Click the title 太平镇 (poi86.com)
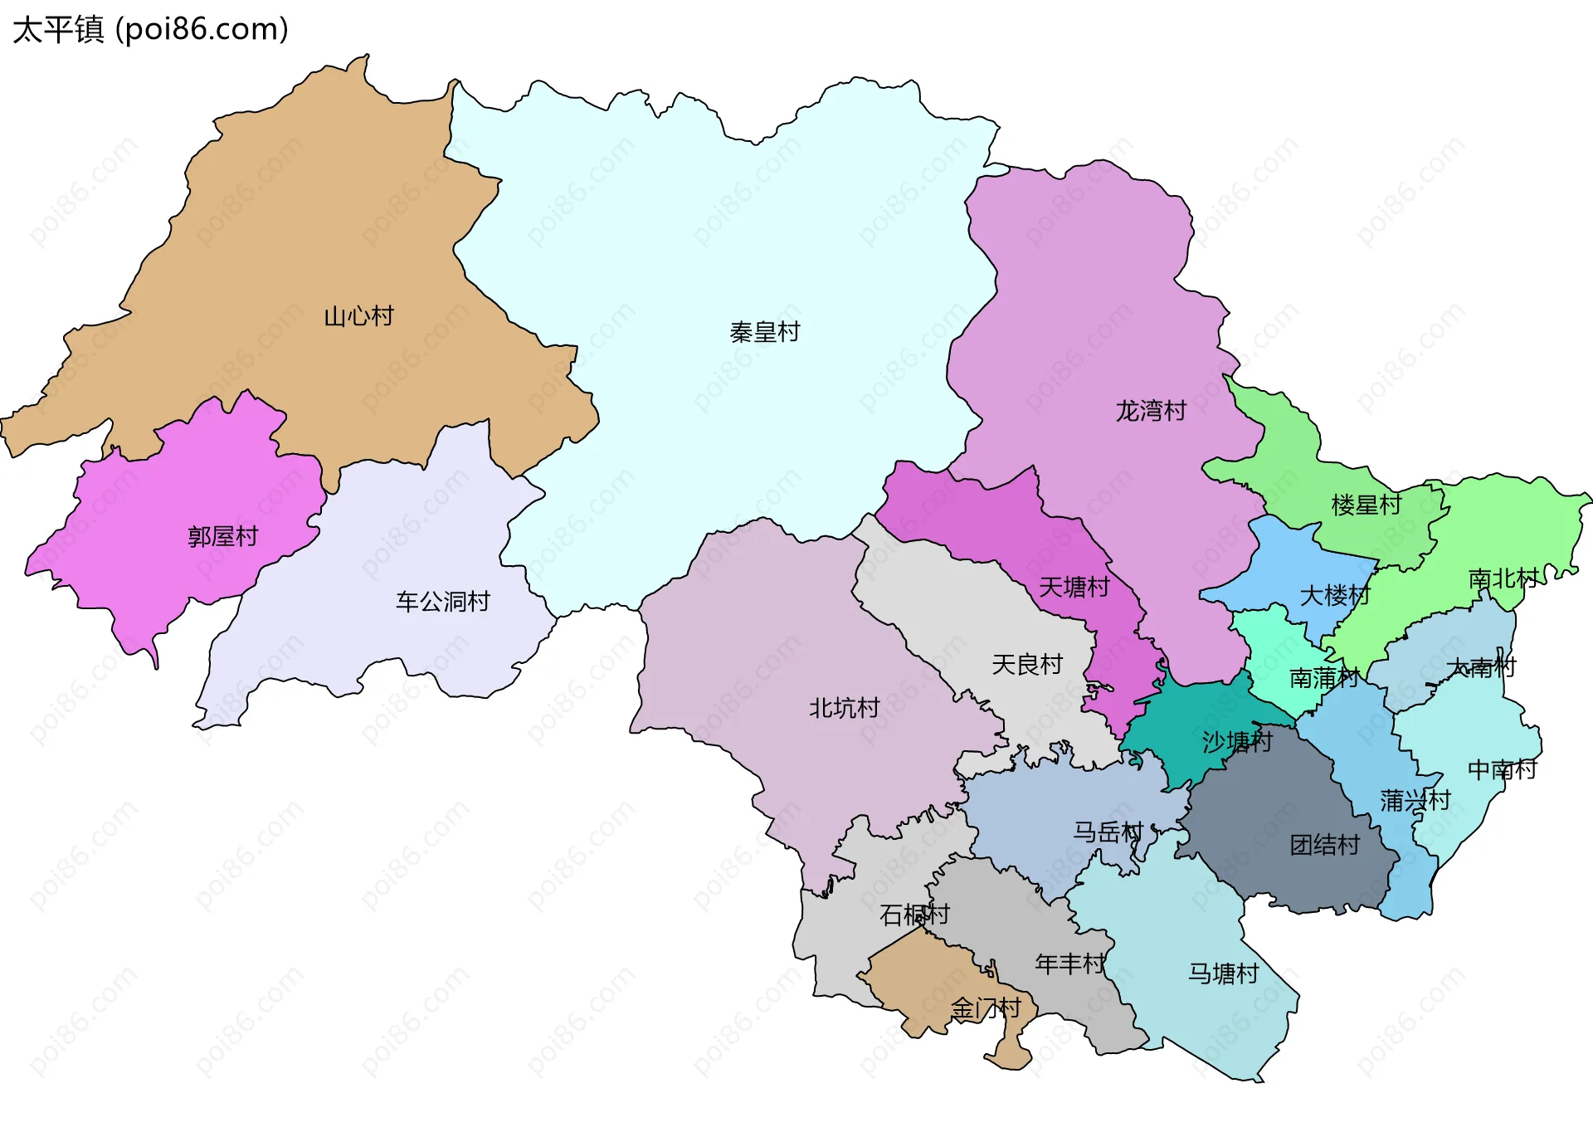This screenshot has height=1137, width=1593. [150, 29]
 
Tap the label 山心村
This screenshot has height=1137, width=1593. [358, 316]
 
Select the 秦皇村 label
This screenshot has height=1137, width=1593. [764, 333]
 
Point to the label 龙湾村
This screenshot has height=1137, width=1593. [1151, 411]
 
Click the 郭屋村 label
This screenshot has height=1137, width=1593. [222, 537]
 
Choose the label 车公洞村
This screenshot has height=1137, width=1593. [442, 602]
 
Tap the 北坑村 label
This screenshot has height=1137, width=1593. [844, 708]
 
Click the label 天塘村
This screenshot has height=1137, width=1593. [1074, 588]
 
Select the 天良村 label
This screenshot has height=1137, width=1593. [1027, 665]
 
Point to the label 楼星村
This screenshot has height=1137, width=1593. [1366, 505]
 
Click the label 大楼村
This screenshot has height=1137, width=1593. [1334, 595]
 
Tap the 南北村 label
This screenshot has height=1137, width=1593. [1503, 578]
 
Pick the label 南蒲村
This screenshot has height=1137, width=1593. [1323, 678]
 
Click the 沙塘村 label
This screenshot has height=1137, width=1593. [1236, 741]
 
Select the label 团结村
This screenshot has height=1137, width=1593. [1324, 845]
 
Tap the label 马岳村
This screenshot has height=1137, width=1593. [1108, 832]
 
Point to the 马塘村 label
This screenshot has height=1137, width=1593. [1223, 974]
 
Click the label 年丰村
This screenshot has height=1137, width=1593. [1069, 964]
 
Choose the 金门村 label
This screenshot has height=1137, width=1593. [985, 1008]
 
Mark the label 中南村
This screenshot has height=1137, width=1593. [1502, 770]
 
